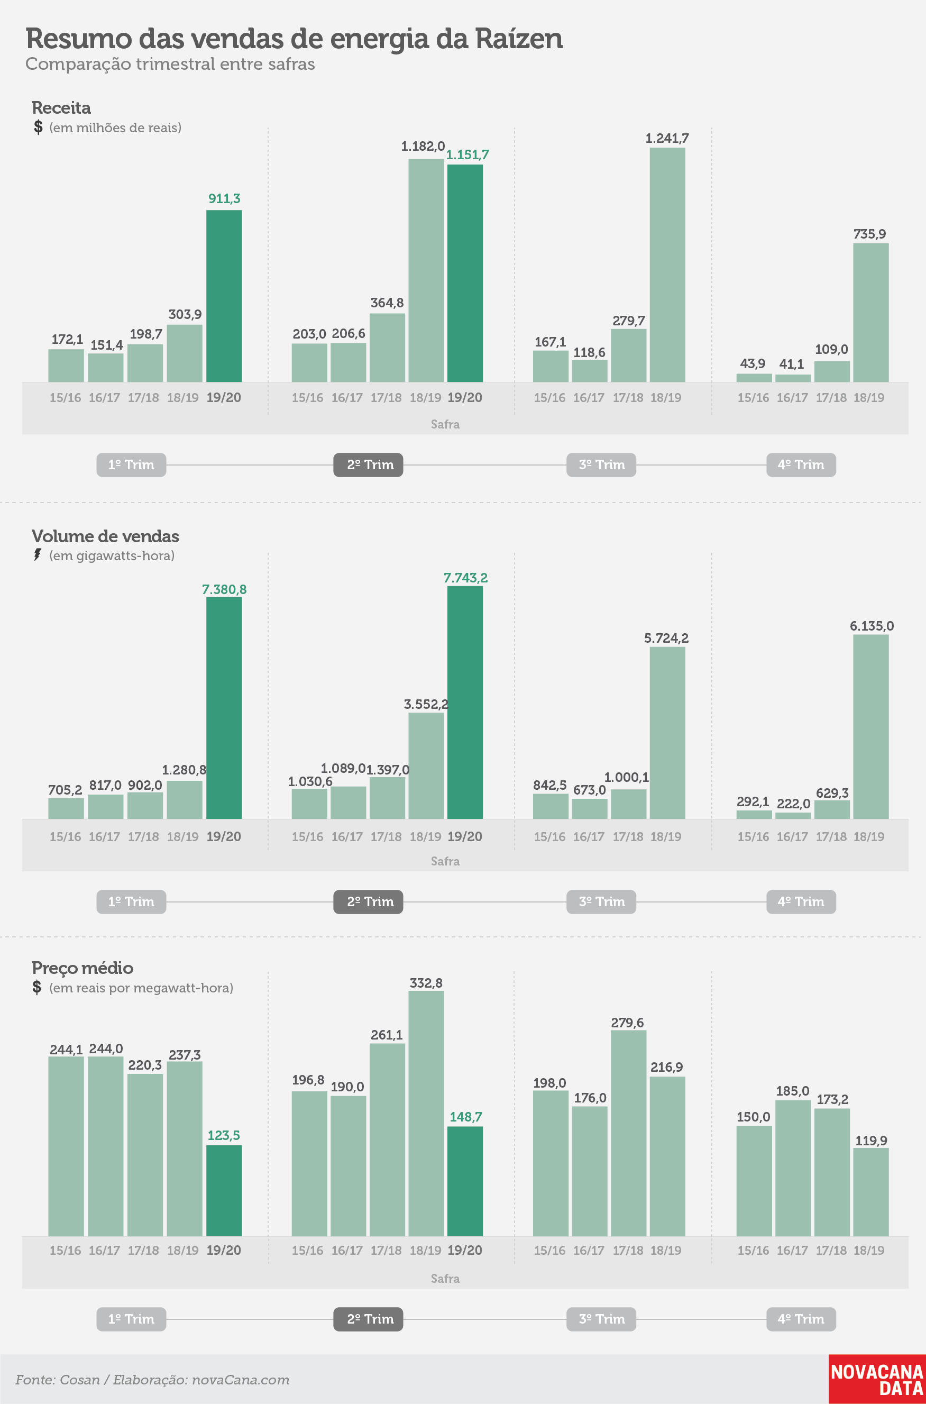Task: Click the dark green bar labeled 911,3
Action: pos(224,296)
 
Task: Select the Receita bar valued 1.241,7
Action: pos(667,265)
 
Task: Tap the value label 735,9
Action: pos(869,234)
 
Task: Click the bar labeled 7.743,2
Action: pos(465,703)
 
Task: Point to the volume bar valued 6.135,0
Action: pos(870,726)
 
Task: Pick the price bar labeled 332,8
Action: pos(426,1114)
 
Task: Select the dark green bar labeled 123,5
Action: pos(224,1191)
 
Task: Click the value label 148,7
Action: pos(466,1117)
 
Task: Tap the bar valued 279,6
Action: pos(628,1133)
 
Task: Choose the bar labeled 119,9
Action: pos(870,1192)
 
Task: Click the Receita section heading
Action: pos(61,107)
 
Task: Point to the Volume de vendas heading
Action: pos(105,536)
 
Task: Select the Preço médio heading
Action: pos(82,968)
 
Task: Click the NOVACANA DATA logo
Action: pos(877,1379)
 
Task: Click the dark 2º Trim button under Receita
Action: pos(369,465)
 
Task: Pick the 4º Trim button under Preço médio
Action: pos(801,1319)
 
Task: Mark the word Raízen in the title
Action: pos(518,39)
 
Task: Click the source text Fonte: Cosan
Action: pos(57,1379)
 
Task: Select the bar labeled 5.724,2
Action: pos(667,733)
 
